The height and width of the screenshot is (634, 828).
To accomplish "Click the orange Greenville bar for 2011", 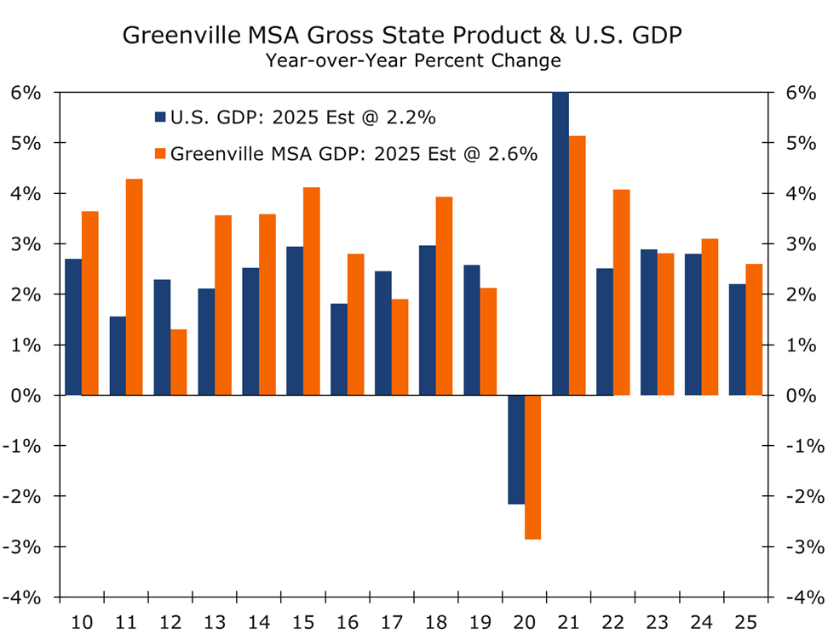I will click(135, 287).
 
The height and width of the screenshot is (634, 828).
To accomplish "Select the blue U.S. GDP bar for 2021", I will click(561, 243).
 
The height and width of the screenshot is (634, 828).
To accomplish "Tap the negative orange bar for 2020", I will click(533, 466).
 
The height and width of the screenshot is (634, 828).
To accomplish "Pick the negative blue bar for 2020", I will click(516, 449).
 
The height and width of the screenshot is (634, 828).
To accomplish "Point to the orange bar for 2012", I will click(179, 362).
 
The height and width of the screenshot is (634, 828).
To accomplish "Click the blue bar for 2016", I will click(339, 349).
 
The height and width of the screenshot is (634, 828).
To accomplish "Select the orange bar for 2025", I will click(755, 329).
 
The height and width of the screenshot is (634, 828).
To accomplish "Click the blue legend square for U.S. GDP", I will click(160, 117).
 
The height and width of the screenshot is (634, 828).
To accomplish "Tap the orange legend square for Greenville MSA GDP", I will click(160, 154).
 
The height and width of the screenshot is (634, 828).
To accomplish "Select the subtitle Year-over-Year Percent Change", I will click(413, 60).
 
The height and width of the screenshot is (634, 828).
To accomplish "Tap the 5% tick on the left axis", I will click(26, 143).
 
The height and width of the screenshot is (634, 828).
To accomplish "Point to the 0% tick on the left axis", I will click(26, 395).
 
